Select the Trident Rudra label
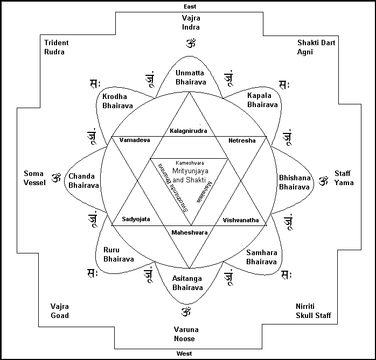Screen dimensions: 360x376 pos(54,47)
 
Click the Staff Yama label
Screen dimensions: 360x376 pos(343,178)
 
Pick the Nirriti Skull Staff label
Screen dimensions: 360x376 pos(313,310)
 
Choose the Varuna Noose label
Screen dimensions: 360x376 pos(184,334)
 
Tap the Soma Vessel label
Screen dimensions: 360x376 pos(33,178)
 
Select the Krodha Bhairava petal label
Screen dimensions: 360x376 pos(117,101)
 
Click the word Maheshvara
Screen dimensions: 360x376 pos(189,232)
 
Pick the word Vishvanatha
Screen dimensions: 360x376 pos(240,220)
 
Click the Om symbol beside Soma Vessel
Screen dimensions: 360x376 pos(55,178)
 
